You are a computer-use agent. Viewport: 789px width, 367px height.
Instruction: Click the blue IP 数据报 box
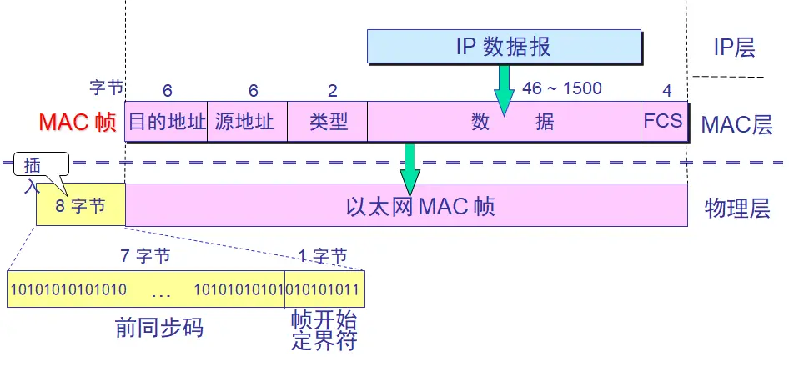pyautogui.click(x=504, y=46)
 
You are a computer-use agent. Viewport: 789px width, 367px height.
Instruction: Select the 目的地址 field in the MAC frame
pyautogui.click(x=166, y=122)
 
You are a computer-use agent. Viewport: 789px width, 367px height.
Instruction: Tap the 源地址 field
pyautogui.click(x=246, y=122)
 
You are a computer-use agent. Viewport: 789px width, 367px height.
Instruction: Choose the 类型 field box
pyautogui.click(x=327, y=122)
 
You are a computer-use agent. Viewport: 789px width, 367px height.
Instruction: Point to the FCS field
pyautogui.click(x=663, y=122)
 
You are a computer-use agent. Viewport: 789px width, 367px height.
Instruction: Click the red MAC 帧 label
pyautogui.click(x=78, y=123)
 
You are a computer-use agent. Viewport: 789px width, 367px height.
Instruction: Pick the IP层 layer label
pyautogui.click(x=735, y=48)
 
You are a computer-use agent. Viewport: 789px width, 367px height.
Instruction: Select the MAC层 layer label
pyautogui.click(x=736, y=125)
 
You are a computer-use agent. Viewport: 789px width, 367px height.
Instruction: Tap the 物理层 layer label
pyautogui.click(x=736, y=208)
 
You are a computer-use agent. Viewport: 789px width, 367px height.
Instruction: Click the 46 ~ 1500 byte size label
pyautogui.click(x=561, y=88)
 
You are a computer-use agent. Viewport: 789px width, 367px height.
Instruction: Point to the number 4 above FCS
pyautogui.click(x=666, y=89)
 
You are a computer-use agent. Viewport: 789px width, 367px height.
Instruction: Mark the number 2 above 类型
pyautogui.click(x=333, y=89)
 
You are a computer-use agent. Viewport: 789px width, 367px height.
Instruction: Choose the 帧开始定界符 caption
pyautogui.click(x=324, y=331)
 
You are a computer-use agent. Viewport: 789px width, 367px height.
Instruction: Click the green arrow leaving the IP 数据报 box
pyautogui.click(x=504, y=88)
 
